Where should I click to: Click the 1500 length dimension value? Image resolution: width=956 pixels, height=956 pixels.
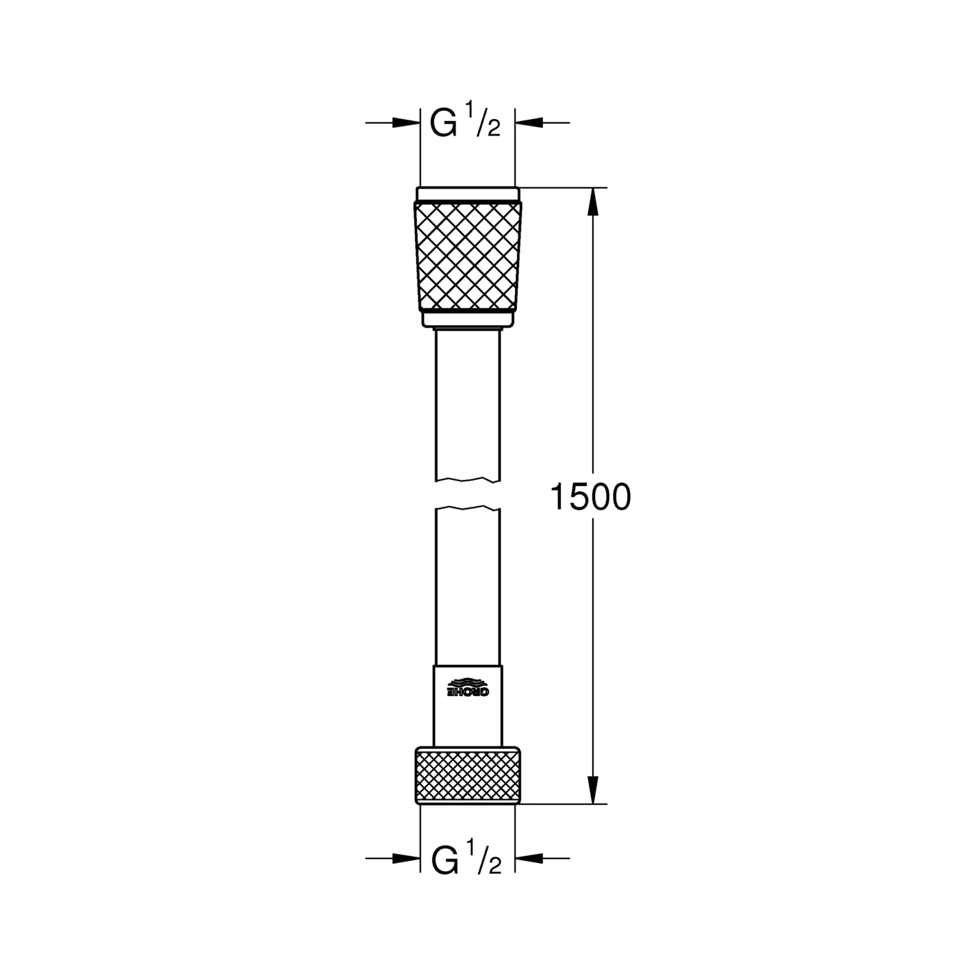tap(590, 497)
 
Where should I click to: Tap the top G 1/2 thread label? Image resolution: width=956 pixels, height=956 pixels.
tap(465, 123)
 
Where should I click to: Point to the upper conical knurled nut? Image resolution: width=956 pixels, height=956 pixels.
tap(468, 255)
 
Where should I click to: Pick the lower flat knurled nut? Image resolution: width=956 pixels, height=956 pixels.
tap(468, 776)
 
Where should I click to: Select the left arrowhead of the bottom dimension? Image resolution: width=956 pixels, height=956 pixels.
tap(406, 858)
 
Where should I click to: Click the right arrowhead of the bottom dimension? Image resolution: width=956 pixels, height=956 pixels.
tap(528, 858)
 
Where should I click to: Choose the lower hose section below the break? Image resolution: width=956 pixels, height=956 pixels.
tap(468, 586)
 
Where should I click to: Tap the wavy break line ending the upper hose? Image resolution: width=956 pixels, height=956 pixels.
tap(468, 479)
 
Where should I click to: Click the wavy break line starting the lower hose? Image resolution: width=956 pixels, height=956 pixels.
tap(468, 509)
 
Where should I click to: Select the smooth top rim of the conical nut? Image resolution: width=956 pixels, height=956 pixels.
tap(468, 194)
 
